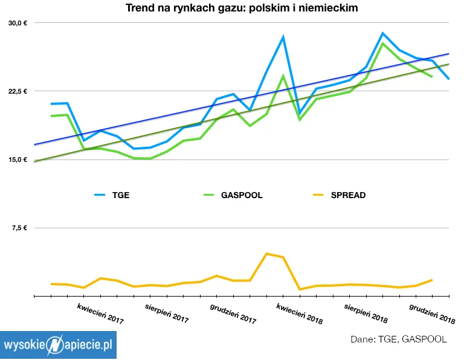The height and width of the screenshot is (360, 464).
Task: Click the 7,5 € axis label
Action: click(x=19, y=228)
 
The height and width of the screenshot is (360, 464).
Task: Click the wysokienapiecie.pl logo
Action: click(x=58, y=345)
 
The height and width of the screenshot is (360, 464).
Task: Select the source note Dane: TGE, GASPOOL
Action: click(x=399, y=339)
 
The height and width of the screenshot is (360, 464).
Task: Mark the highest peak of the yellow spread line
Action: click(x=266, y=254)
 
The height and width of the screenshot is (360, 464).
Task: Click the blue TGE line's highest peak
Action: click(x=383, y=33)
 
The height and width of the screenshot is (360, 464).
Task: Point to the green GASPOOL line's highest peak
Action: click(x=383, y=43)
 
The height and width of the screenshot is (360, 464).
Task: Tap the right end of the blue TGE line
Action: click(x=448, y=79)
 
